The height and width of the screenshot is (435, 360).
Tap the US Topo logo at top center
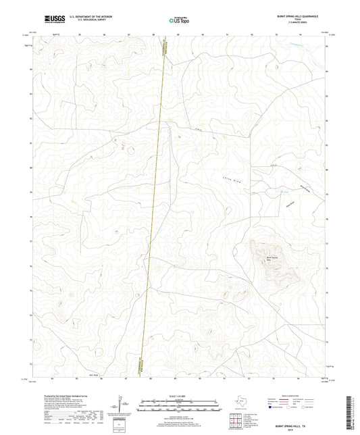click(179, 20)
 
